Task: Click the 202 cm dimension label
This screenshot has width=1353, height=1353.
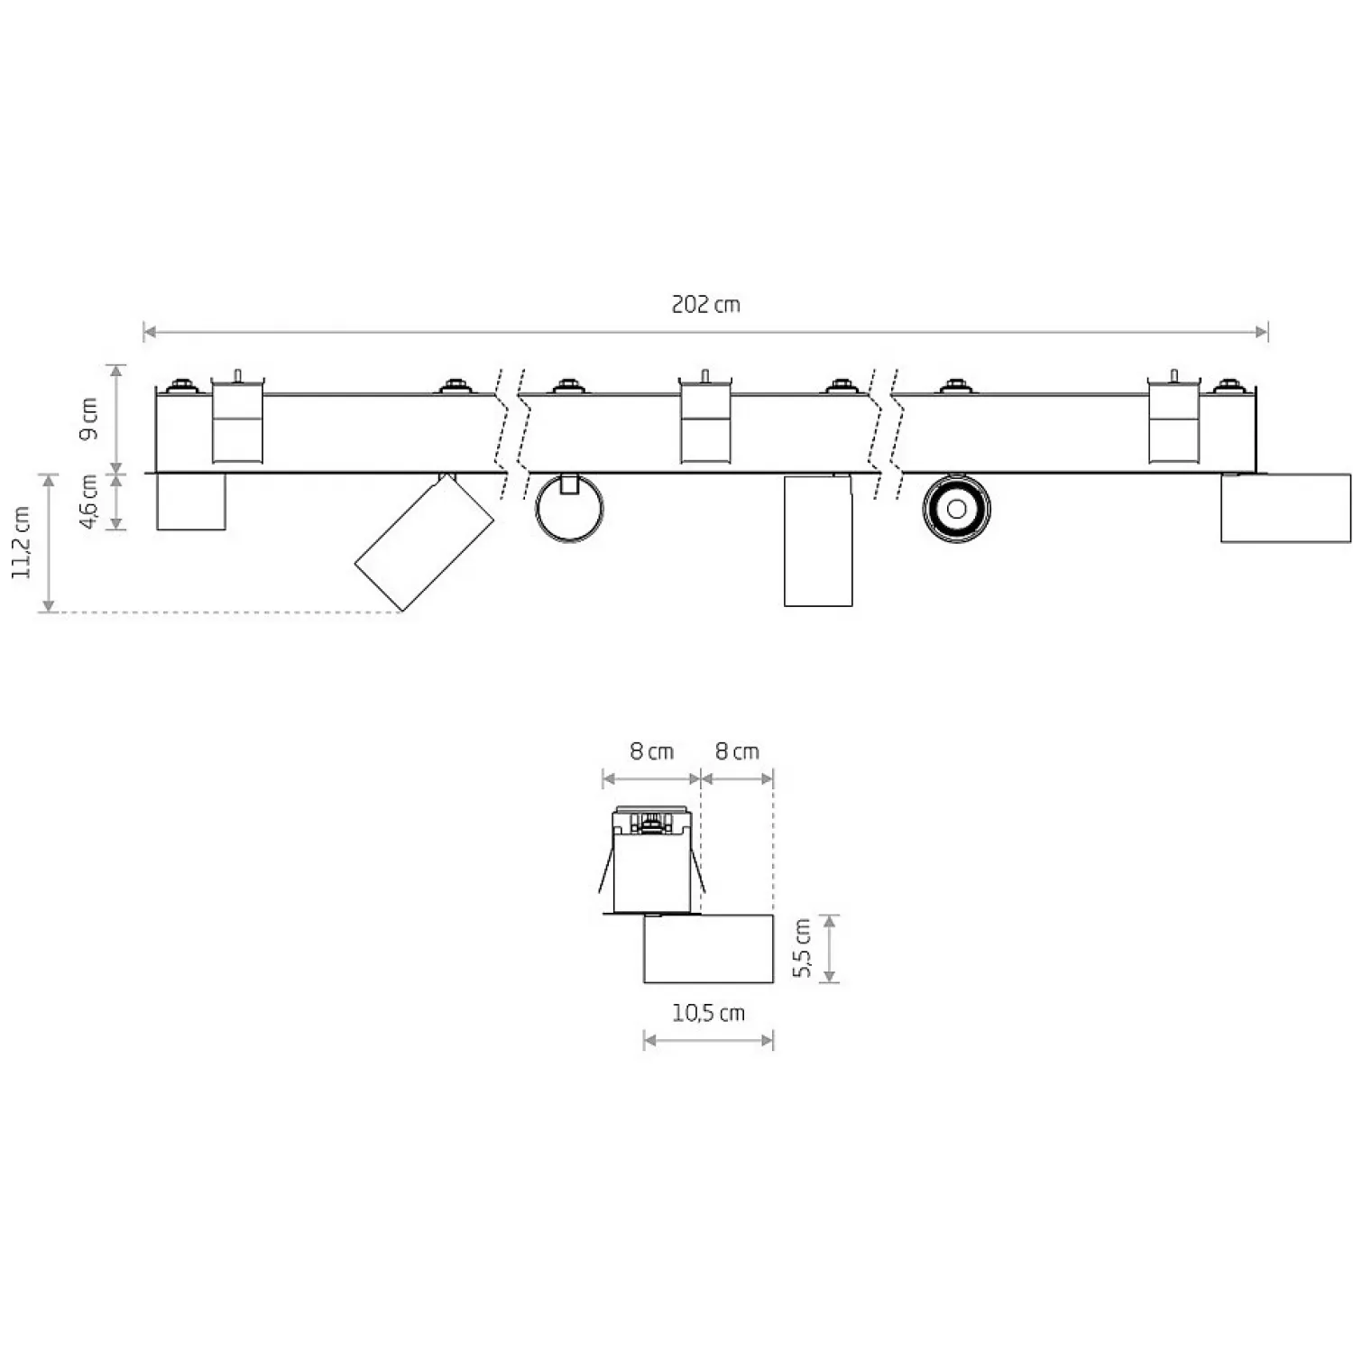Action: point(705,304)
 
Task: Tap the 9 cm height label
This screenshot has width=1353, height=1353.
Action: point(88,419)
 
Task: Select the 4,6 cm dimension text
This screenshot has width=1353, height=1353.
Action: point(88,502)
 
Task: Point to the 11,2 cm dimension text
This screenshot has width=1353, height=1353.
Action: point(22,542)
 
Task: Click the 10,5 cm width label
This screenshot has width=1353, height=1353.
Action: point(708,1013)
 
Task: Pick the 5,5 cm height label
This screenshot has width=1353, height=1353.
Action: point(802,948)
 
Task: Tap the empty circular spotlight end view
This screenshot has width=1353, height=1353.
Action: point(568,508)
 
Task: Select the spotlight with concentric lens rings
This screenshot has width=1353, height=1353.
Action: point(956,508)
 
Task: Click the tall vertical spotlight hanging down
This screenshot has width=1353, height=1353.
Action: point(818,540)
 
